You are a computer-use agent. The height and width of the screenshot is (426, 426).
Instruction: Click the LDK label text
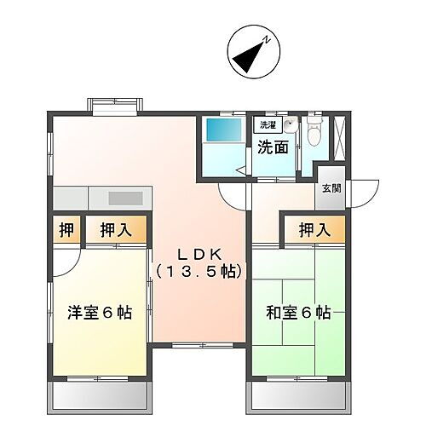(199, 254)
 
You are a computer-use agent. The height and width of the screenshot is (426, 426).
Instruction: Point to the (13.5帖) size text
(199, 273)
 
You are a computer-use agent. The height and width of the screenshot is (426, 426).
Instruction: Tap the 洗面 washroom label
(273, 147)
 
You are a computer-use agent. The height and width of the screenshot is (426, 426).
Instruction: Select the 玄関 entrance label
(331, 188)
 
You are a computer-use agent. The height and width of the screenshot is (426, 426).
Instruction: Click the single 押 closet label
(65, 229)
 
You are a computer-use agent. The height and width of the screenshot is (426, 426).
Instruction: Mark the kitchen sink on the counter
(124, 199)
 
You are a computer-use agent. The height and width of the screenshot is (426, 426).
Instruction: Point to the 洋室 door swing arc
(68, 262)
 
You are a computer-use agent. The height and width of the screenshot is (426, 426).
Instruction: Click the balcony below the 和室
(298, 395)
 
